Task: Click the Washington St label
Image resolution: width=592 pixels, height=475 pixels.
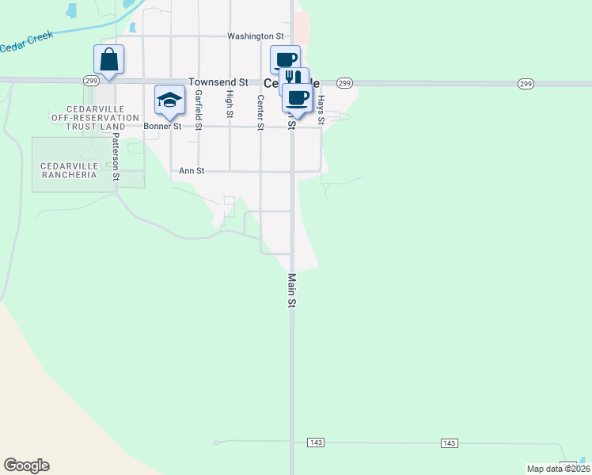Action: point(255,36)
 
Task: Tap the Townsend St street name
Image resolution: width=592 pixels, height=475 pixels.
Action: point(218,82)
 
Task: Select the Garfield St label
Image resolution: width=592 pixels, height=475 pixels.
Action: point(198,109)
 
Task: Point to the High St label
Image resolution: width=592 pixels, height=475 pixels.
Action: point(230,104)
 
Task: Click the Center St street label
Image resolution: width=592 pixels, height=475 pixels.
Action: point(260,112)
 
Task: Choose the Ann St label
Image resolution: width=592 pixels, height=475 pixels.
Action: point(192,170)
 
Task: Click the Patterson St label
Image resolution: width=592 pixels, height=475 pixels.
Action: point(116,156)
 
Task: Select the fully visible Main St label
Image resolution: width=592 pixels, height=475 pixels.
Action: point(291,291)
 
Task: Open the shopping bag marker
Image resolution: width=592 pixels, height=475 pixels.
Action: point(108,59)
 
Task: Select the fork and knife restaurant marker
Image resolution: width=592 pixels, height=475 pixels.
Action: point(293,77)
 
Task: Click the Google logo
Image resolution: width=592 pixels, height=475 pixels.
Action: point(26,465)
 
